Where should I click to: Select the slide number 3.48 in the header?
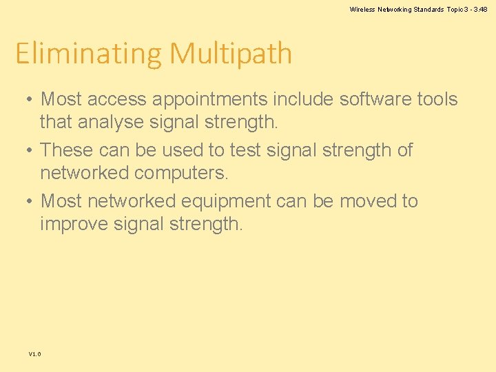coord(480,9)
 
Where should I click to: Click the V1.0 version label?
coord(34,353)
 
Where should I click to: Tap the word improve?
coord(74,225)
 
